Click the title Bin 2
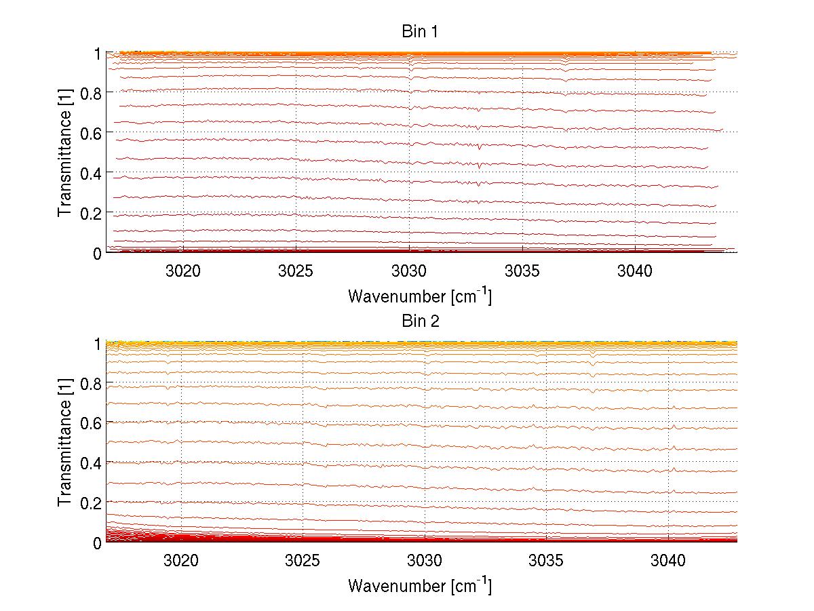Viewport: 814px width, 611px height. [x=421, y=321]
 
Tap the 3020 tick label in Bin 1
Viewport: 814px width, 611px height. [x=183, y=271]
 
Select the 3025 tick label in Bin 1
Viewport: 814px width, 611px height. [x=296, y=271]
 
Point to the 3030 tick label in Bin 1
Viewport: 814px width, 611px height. [x=409, y=271]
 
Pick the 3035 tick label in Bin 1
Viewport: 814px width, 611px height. [x=522, y=271]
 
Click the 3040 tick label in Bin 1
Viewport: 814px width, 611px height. [x=635, y=271]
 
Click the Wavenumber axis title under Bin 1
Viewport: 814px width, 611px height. [x=420, y=296]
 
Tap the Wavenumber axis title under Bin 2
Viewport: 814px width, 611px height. [x=420, y=585]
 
